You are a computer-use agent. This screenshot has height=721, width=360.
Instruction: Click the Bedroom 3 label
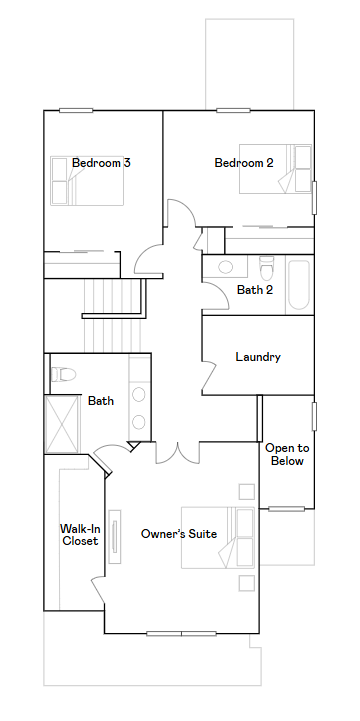pyautogui.click(x=101, y=163)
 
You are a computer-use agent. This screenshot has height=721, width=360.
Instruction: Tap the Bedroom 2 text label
pyautogui.click(x=244, y=163)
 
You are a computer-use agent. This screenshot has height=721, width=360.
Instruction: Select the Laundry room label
pyautogui.click(x=258, y=357)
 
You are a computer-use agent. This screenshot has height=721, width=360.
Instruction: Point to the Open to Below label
pyautogui.click(x=287, y=454)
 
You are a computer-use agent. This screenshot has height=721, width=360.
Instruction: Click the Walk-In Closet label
pyautogui.click(x=80, y=534)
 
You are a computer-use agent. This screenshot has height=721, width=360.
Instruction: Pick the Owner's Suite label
pyautogui.click(x=179, y=534)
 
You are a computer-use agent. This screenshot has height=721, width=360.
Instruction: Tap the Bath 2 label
pyautogui.click(x=255, y=290)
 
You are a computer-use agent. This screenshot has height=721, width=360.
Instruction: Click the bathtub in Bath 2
pyautogui.click(x=298, y=285)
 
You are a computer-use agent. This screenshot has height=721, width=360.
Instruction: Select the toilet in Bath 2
pyautogui.click(x=266, y=269)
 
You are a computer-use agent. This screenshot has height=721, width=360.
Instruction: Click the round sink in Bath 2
pyautogui.click(x=226, y=267)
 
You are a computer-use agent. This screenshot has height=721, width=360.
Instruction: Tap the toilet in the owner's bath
pyautogui.click(x=63, y=374)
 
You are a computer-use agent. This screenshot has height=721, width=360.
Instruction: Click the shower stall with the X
pyautogui.click(x=63, y=424)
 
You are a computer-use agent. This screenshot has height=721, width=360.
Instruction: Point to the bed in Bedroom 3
pyautogui.click(x=87, y=181)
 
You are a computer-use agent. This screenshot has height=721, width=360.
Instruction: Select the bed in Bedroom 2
pyautogui.click(x=275, y=169)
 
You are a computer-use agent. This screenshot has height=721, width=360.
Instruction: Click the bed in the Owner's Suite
pyautogui.click(x=218, y=538)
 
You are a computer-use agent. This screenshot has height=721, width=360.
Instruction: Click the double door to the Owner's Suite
pyautogui.click(x=177, y=452)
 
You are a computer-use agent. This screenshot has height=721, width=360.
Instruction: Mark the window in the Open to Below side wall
pyautogui.click(x=314, y=417)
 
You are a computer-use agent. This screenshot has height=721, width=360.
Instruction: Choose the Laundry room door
pyautogui.click(x=209, y=376)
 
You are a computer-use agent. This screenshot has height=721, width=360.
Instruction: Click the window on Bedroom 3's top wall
pyautogui.click(x=76, y=110)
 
